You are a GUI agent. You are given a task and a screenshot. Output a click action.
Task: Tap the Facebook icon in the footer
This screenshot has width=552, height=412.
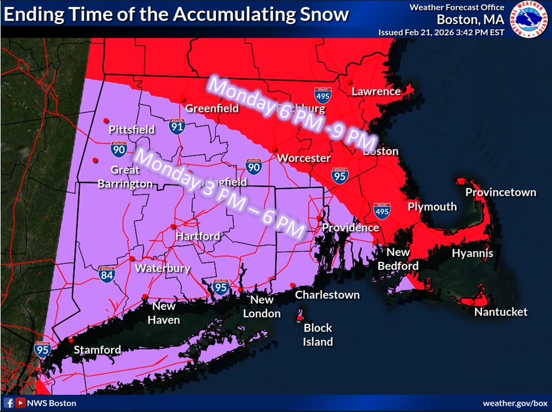click(x=9, y=403)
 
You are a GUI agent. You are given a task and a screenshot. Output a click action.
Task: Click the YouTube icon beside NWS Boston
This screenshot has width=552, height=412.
click(x=21, y=403)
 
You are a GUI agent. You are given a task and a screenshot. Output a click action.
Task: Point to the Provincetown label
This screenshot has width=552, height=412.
click(x=500, y=192)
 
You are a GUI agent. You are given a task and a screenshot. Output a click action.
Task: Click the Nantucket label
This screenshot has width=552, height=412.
click(x=501, y=312)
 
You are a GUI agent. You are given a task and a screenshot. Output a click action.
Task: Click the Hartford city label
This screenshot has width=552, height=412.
click(x=197, y=235)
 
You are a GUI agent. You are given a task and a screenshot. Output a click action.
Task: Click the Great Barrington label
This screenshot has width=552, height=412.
click(x=125, y=177)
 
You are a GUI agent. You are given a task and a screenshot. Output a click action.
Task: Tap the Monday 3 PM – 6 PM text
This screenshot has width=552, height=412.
click(x=222, y=193)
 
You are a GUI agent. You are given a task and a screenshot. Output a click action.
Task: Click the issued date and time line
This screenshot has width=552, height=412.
click(x=441, y=32)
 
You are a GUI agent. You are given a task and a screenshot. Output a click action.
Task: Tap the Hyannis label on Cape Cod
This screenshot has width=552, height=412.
click(x=472, y=253)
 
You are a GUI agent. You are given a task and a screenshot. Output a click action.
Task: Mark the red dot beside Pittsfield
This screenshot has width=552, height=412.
click(x=105, y=121)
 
